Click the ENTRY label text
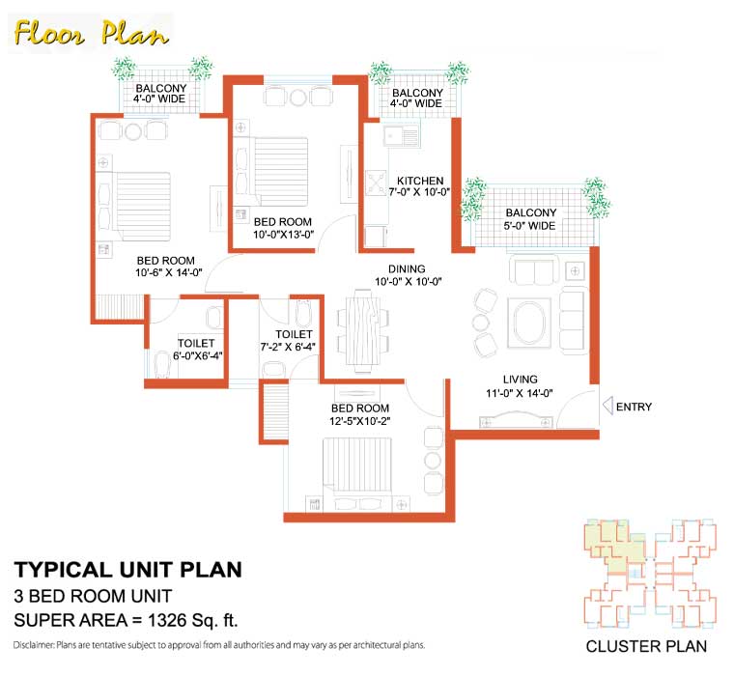click(634, 407)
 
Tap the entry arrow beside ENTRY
click(607, 407)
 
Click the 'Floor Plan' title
click(92, 34)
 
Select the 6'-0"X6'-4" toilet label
click(195, 351)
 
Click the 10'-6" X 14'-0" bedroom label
click(165, 267)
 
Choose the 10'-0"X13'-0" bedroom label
click(282, 228)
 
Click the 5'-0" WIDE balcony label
click(529, 219)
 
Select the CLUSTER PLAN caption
click(646, 646)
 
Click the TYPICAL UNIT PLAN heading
click(127, 569)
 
